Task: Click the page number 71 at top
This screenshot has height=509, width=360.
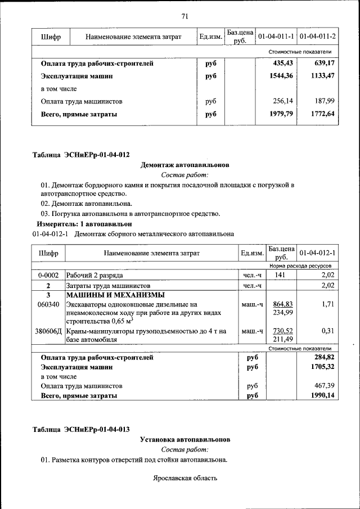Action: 184,16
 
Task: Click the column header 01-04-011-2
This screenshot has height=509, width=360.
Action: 318,37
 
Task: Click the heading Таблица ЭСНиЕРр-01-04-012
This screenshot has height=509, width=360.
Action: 81,155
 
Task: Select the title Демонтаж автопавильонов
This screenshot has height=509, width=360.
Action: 184,165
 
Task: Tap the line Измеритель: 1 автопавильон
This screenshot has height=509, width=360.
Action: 80,223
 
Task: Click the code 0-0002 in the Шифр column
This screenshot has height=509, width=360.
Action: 48,276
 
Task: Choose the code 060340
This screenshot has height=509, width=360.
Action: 48,304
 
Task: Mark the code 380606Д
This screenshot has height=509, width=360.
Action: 49,332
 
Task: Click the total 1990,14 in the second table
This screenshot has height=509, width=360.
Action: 322,396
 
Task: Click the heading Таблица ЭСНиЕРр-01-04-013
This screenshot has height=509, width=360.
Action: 81,430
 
